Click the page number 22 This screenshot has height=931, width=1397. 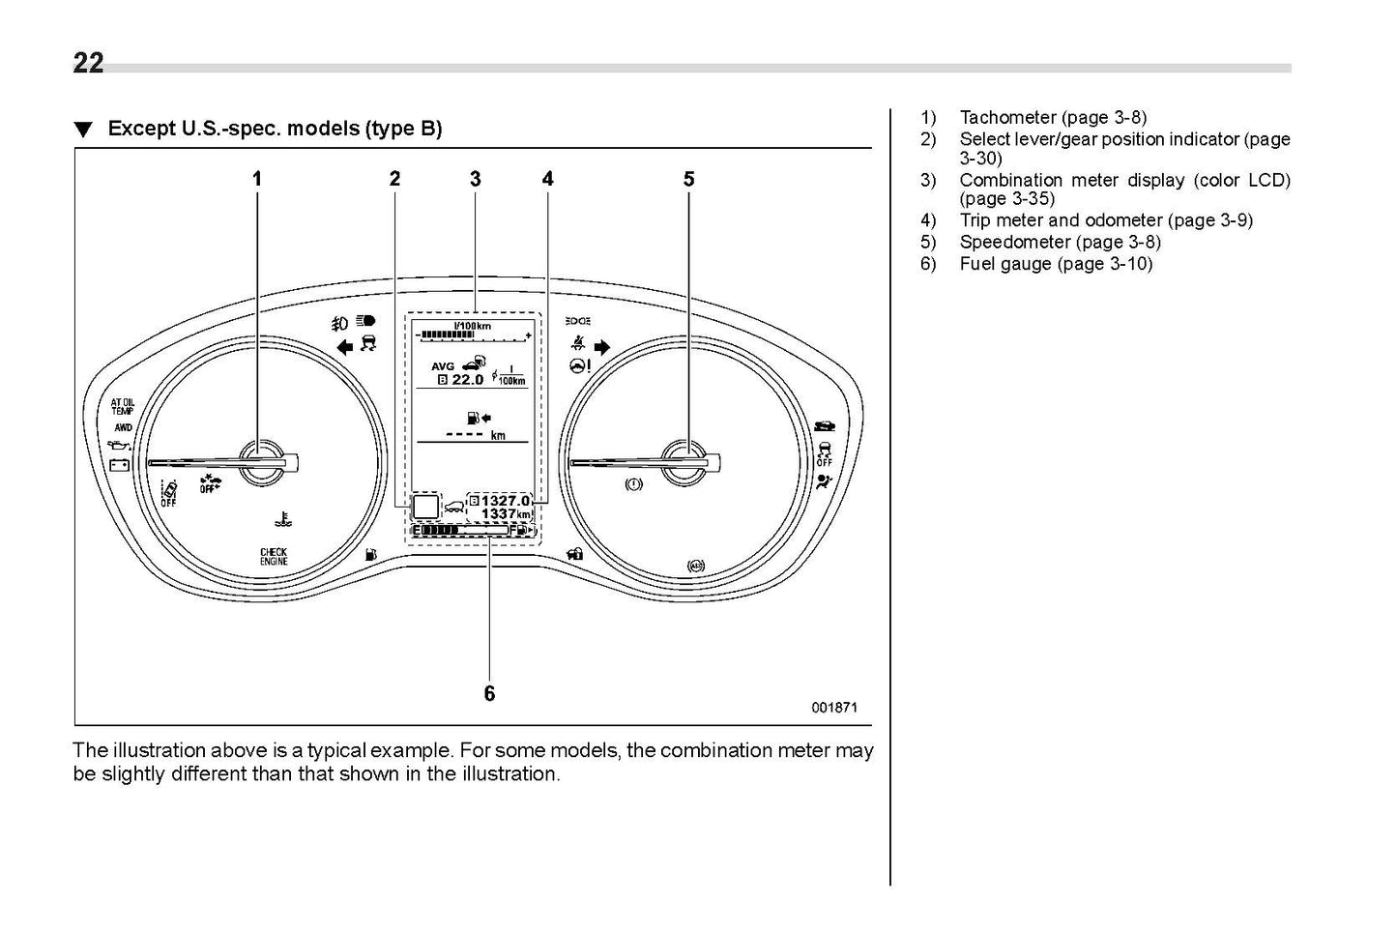pyautogui.click(x=88, y=63)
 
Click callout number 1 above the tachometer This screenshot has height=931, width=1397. pyautogui.click(x=257, y=179)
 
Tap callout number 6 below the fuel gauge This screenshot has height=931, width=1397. pyautogui.click(x=489, y=693)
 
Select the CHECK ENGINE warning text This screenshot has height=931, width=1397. pyautogui.click(x=274, y=557)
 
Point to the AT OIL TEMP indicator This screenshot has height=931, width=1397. pyautogui.click(x=123, y=406)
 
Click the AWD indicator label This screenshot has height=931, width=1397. pyautogui.click(x=124, y=427)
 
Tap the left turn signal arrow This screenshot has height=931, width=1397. pyautogui.click(x=344, y=348)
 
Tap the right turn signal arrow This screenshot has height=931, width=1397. pyautogui.click(x=602, y=347)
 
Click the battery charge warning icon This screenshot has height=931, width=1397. pyautogui.click(x=120, y=464)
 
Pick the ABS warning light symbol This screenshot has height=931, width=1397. pyautogui.click(x=695, y=567)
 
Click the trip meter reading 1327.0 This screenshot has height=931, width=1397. pyautogui.click(x=506, y=501)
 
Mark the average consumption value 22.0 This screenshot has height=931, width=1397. pyautogui.click(x=468, y=380)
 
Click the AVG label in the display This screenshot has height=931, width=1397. pyautogui.click(x=443, y=366)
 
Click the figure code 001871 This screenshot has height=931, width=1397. pyautogui.click(x=833, y=707)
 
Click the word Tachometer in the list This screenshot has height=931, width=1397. pyautogui.click(x=1007, y=118)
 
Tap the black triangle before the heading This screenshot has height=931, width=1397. pyautogui.click(x=84, y=130)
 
